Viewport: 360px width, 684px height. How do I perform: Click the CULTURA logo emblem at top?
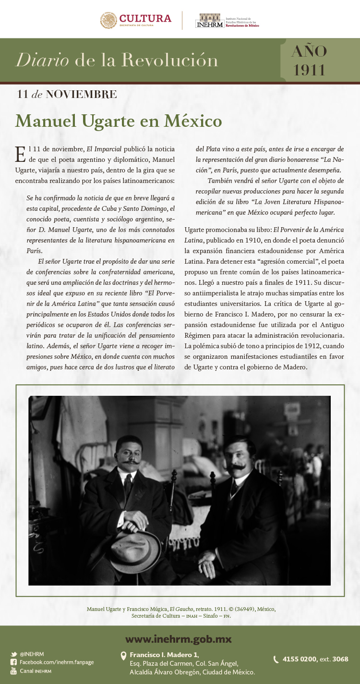(108, 20)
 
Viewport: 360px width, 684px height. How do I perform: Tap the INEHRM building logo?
(209, 21)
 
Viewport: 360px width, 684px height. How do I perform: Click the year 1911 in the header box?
(310, 70)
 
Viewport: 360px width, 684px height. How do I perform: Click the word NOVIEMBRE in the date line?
(81, 94)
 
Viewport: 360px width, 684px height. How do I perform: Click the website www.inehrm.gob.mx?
(179, 639)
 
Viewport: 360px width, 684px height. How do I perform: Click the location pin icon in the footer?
(123, 656)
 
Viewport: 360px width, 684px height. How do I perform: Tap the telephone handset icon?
(276, 660)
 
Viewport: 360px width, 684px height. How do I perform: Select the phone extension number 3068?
(340, 659)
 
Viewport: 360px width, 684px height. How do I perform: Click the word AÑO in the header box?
(309, 51)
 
